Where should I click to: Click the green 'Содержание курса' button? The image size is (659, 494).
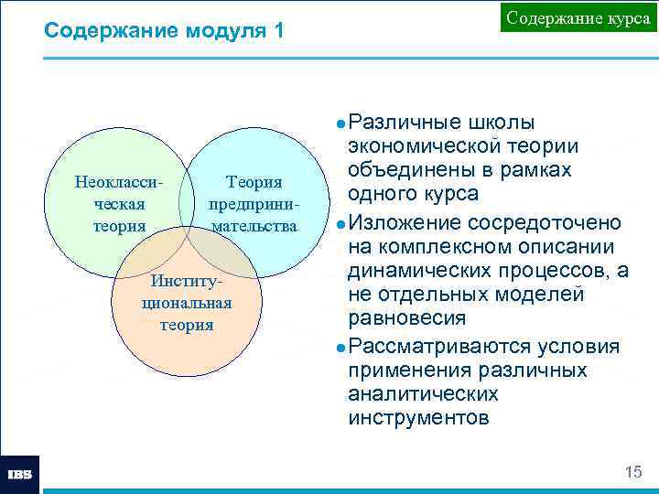pos(578,18)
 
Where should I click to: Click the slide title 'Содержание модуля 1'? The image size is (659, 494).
pos(165,31)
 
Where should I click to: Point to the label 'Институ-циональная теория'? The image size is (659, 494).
pos(186,302)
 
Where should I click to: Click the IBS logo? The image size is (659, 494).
pos(20,474)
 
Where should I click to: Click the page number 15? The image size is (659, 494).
pos(632,472)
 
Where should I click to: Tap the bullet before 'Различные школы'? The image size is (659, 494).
pos(340,123)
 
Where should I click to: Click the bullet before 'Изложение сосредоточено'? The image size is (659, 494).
pos(340,224)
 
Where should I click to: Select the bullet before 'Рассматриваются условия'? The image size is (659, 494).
pos(340,349)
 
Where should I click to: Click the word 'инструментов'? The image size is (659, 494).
pos(418,419)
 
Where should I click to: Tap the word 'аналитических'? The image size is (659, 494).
pos(423,394)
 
